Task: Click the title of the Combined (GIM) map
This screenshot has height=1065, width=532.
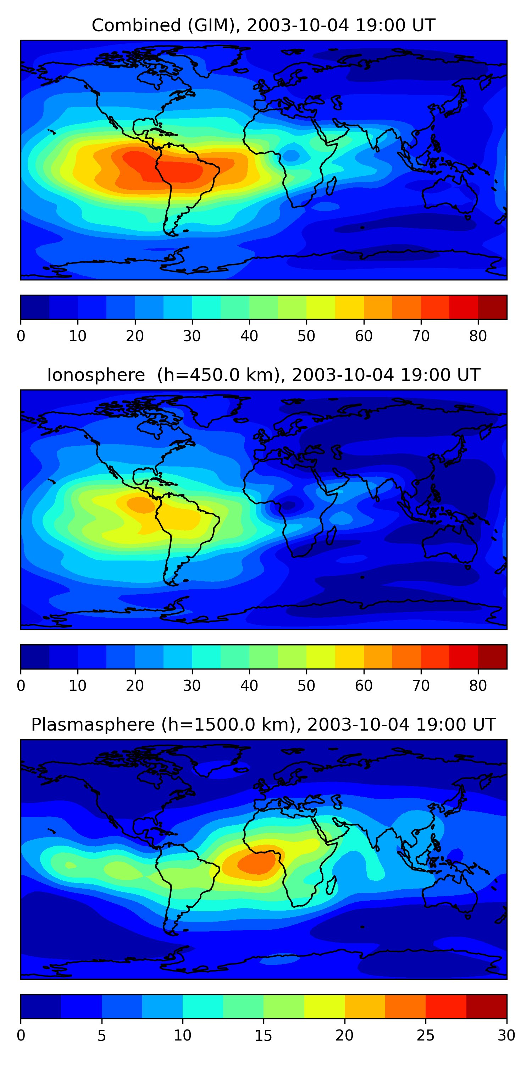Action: tap(263, 25)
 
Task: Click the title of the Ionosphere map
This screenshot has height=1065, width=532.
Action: tap(263, 375)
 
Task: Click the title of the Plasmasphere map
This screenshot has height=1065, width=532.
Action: tap(263, 725)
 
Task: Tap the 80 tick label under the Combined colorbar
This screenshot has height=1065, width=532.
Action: tap(478, 336)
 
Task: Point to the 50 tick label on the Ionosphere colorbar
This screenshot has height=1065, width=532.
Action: tap(306, 686)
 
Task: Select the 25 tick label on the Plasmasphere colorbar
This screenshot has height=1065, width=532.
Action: tap(426, 1036)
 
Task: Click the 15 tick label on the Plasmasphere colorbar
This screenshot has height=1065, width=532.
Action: tap(264, 1036)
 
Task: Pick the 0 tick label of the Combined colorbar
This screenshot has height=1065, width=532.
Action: tap(21, 336)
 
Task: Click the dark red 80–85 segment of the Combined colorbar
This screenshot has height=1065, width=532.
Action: tap(492, 307)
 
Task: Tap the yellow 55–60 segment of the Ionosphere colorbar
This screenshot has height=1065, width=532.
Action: tap(349, 657)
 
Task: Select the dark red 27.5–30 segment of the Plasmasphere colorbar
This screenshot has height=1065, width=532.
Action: tap(487, 1007)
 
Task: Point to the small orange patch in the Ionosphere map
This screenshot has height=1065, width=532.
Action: tap(141, 505)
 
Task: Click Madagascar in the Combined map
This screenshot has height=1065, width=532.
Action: tap(331, 186)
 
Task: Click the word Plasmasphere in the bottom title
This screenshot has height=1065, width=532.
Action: tap(93, 725)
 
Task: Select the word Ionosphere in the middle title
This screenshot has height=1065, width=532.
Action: tap(96, 375)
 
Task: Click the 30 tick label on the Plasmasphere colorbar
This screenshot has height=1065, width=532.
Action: tap(506, 1036)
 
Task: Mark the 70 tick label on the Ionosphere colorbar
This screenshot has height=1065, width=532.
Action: tap(421, 686)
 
